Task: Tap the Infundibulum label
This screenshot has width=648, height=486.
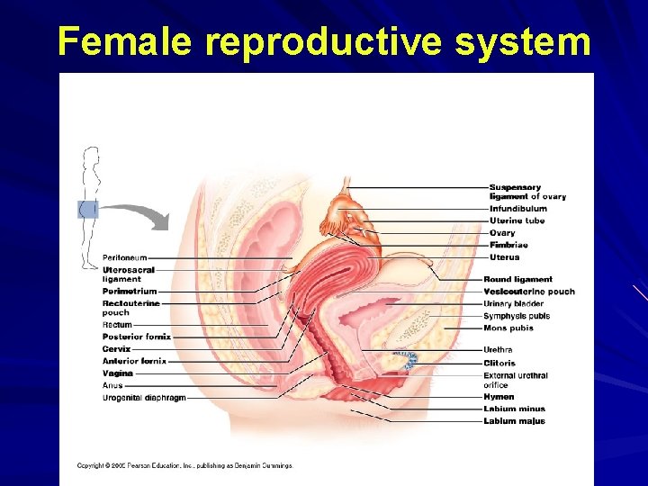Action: [x=517, y=209]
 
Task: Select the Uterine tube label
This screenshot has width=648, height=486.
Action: [x=517, y=221]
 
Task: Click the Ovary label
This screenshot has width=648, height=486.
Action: [x=502, y=233]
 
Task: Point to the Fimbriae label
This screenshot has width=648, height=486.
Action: [x=508, y=245]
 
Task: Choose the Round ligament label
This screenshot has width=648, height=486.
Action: [x=517, y=280]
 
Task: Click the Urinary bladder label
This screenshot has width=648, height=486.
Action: [x=513, y=304]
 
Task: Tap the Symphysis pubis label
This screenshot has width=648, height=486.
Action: [x=516, y=316]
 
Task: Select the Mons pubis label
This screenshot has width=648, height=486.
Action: [x=508, y=328]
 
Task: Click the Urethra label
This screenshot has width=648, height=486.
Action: [x=498, y=350]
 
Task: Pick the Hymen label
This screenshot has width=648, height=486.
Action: [x=499, y=397]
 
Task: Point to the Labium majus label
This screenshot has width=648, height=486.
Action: [x=513, y=421]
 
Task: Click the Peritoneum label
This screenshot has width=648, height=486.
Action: [x=124, y=258]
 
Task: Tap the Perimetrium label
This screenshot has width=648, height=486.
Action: [x=130, y=292]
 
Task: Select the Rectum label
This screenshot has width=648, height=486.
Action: [x=117, y=325]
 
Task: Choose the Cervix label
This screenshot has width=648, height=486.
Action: [x=116, y=349]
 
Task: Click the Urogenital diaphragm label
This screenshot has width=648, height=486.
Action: [x=144, y=398]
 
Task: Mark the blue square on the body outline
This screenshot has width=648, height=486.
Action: [x=87, y=210]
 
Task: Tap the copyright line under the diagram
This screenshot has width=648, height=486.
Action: [x=184, y=465]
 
